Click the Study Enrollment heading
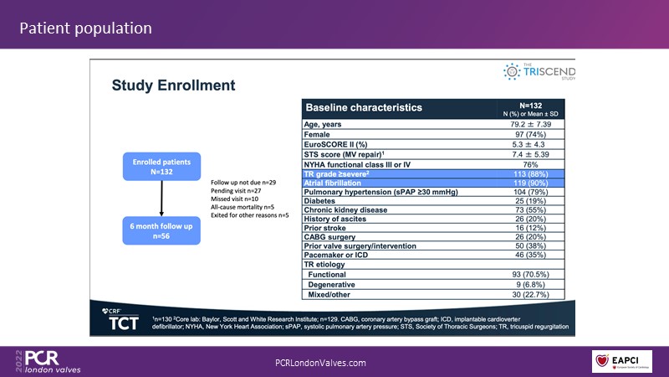[173, 85]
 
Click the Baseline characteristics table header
[364, 108]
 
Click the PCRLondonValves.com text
[321, 362]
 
